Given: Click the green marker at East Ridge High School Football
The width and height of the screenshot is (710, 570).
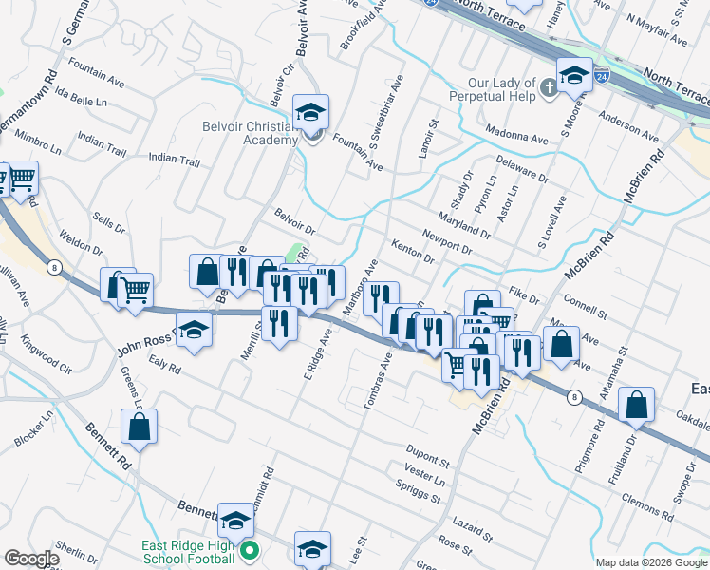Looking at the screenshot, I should click(x=250, y=550).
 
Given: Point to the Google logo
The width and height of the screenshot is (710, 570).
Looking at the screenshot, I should click(x=30, y=559).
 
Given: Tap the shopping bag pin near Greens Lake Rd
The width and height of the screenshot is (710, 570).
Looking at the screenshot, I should click(x=140, y=428).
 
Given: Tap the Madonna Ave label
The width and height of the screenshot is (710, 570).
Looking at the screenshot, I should click(x=516, y=138).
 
